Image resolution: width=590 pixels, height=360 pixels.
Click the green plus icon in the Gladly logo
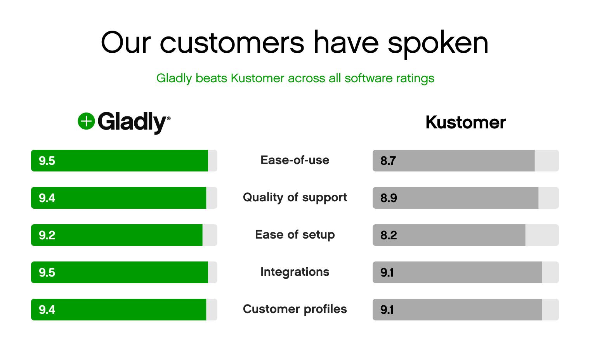86,121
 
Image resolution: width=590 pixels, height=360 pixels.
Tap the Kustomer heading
465,123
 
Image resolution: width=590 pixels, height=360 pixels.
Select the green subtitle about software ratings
295,78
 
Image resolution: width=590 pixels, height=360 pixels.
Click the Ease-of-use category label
295,160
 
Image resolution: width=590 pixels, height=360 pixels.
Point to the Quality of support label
295,197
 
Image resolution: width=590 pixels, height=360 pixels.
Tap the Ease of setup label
295,235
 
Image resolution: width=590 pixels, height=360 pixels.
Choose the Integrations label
295,272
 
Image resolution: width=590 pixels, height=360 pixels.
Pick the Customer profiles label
295,309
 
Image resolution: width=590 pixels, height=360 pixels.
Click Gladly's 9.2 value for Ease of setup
47,235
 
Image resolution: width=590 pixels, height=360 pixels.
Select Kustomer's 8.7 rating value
388,161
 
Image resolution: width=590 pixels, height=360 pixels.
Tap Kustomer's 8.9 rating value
389,198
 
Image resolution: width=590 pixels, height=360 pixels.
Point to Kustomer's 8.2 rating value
389,235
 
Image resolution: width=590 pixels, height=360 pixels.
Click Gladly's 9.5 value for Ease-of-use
47,161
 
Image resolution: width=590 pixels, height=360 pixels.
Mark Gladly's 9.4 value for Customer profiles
47,310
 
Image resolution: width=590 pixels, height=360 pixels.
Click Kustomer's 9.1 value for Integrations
387,272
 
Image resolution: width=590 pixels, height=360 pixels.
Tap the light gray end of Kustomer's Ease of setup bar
542,235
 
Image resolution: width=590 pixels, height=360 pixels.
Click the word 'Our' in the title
125,43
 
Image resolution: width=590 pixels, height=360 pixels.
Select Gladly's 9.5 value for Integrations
47,272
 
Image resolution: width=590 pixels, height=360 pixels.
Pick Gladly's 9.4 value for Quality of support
47,198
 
